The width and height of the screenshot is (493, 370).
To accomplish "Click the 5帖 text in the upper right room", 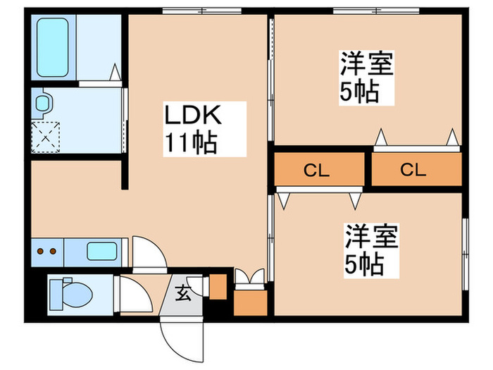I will tap(361, 92).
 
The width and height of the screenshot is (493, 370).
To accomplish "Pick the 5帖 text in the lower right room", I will tap(363, 264).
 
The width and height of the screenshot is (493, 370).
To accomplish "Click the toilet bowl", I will tap(71, 290).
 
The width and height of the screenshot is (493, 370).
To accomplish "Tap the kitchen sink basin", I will tap(103, 250).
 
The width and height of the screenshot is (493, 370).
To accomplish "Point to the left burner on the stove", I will tap(41, 251).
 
